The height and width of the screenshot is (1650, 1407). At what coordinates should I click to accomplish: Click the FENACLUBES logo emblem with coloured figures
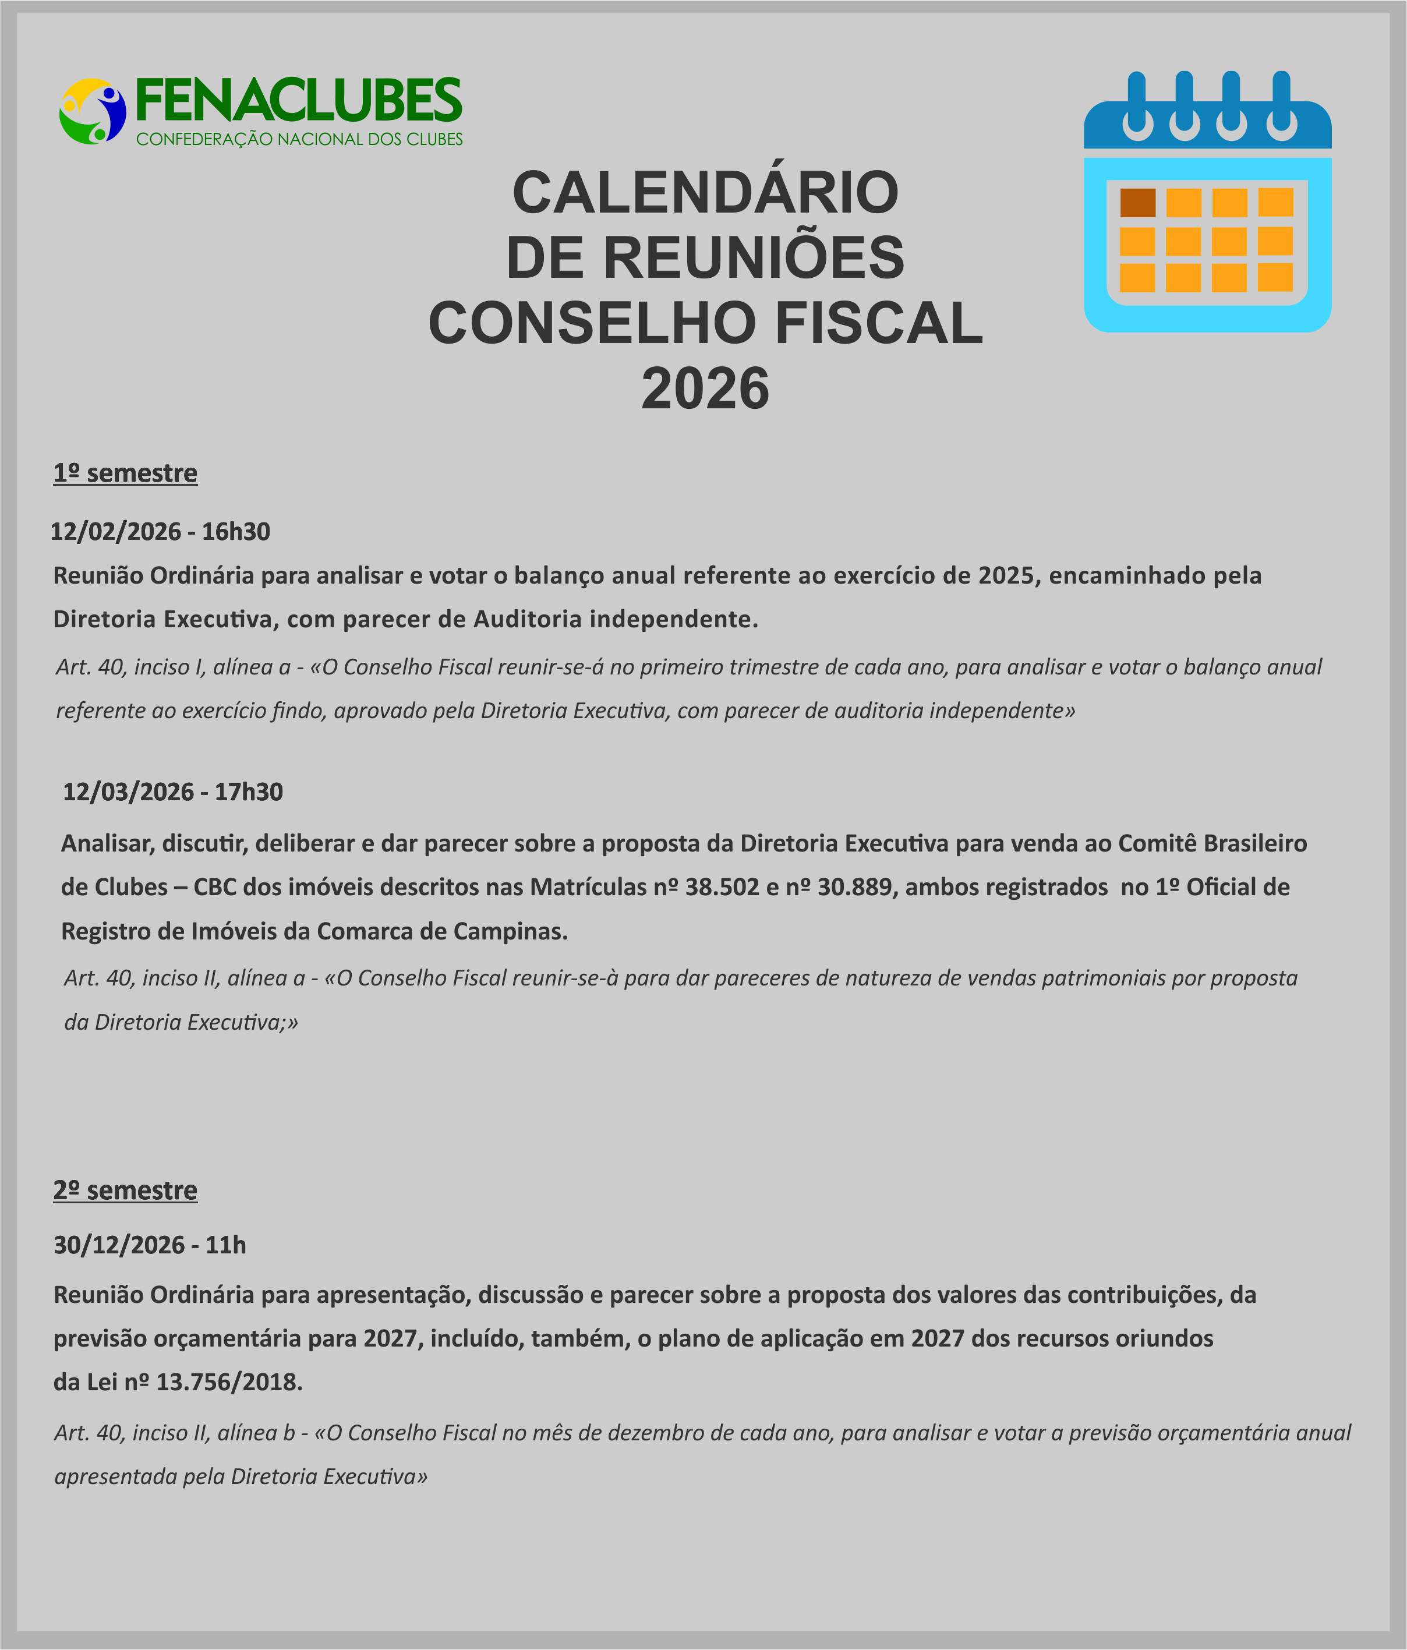click(x=93, y=111)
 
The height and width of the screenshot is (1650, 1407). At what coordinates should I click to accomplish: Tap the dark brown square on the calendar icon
click(x=1137, y=202)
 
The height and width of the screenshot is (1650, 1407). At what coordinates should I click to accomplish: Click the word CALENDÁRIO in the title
click(x=705, y=193)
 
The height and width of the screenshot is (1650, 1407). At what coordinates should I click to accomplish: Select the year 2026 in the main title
click(x=705, y=388)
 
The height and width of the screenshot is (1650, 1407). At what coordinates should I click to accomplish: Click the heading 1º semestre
click(x=125, y=473)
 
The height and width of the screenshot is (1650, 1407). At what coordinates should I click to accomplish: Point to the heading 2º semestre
click(x=125, y=1190)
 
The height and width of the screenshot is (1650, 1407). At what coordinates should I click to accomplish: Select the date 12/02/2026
click(x=115, y=531)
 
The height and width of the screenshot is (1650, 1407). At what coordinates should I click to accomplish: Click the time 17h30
click(x=249, y=792)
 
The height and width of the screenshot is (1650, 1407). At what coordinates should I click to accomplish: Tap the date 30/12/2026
click(x=119, y=1245)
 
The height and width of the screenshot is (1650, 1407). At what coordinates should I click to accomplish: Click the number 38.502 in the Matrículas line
click(x=722, y=887)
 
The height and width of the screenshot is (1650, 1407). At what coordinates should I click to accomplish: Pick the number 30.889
click(x=854, y=887)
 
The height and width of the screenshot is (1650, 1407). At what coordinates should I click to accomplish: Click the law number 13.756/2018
click(x=229, y=1382)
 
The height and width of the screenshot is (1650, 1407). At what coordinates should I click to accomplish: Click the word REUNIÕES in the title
click(x=753, y=258)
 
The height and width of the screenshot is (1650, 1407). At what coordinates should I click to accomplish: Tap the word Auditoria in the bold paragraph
click(x=528, y=619)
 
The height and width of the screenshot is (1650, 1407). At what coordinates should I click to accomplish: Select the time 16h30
click(x=236, y=531)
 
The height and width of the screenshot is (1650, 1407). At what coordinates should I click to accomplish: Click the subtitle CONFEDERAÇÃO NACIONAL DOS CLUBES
click(x=299, y=139)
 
